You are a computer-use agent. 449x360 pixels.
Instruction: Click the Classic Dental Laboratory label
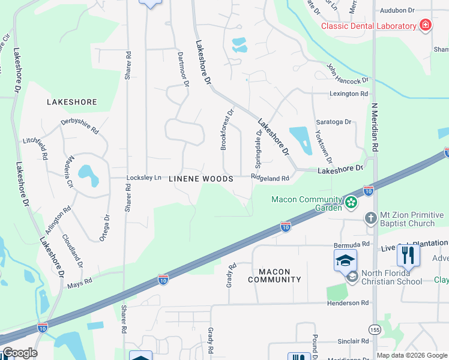coord(369,26)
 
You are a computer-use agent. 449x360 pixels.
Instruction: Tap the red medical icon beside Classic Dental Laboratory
coord(426,25)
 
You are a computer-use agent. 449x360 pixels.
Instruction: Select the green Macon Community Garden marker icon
coord(351,203)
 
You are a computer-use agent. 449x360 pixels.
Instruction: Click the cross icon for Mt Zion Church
coord(371,219)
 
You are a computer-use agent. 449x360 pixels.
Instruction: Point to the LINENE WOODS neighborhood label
coord(200,179)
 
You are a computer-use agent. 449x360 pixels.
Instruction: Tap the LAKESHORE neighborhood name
coord(71,102)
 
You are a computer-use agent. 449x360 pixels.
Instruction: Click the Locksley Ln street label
coord(144,178)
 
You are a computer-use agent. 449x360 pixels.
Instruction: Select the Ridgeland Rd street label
coord(270,178)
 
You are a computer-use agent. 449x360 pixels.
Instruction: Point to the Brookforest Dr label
coord(226,130)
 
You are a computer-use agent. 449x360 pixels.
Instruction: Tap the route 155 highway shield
coord(375,330)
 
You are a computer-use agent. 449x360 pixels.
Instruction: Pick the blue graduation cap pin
coord(345,261)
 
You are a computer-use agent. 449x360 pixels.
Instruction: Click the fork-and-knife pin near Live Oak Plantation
coord(408,255)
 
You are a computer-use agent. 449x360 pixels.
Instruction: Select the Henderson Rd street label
coord(348,303)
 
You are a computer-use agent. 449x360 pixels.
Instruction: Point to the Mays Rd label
coord(80,281)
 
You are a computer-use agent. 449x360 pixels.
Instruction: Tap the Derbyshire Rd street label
coord(79,126)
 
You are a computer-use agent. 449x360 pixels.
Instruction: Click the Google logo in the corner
coord(19,353)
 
